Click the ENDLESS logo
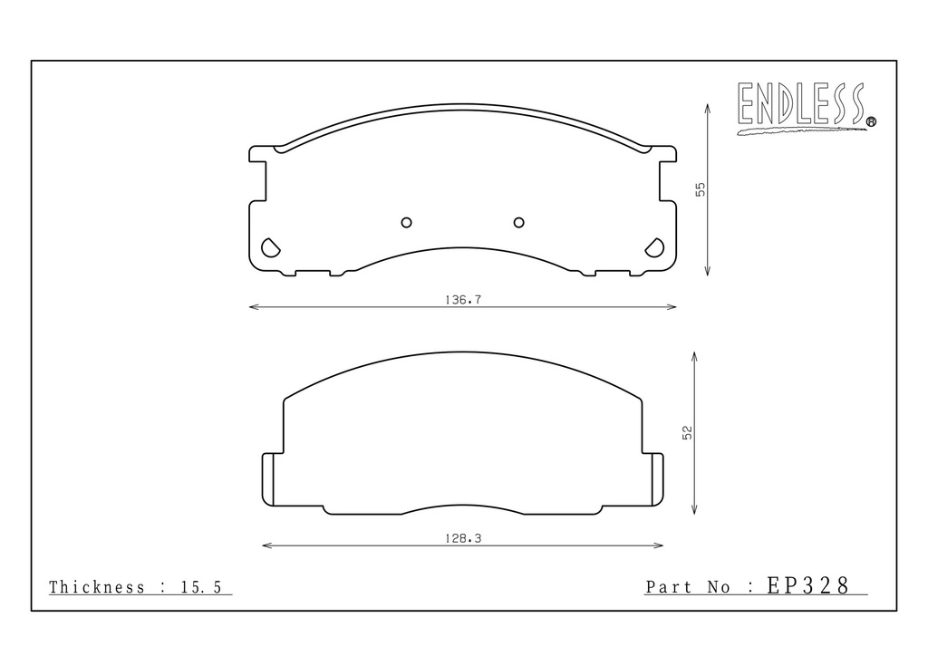(806, 107)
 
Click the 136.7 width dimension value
(463, 300)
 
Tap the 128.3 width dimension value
(463, 538)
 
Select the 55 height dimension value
(701, 189)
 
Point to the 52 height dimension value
(687, 432)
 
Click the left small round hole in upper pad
(406, 222)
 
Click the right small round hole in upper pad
(518, 222)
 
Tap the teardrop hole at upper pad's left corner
(270, 247)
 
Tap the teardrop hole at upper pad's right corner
(654, 247)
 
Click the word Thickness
(96, 587)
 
